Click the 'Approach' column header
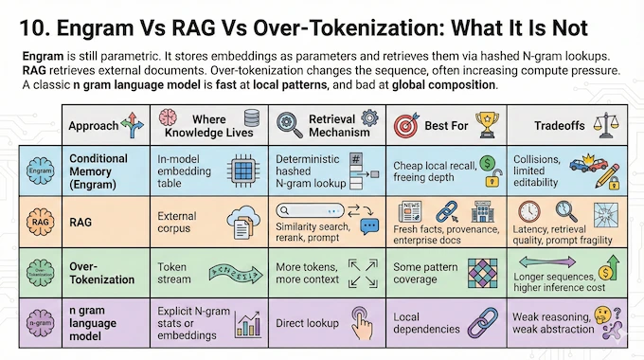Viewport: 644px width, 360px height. point(94,125)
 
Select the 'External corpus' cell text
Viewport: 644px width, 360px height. point(178,222)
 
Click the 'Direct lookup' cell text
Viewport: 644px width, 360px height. point(307,322)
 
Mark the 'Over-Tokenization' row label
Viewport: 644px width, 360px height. point(99,274)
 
